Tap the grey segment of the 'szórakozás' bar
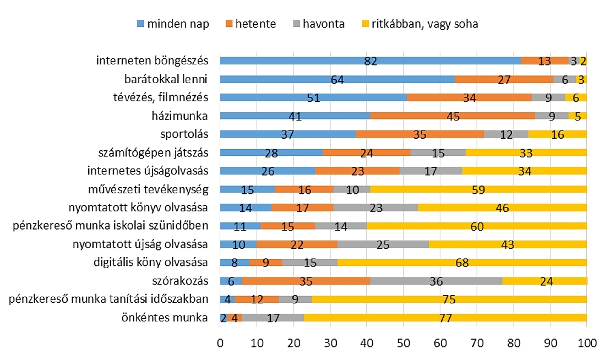point(437,281)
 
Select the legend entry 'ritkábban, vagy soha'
point(418,24)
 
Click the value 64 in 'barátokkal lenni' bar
point(337,79)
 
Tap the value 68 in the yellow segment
point(461,263)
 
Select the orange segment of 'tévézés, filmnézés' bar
point(469,97)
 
